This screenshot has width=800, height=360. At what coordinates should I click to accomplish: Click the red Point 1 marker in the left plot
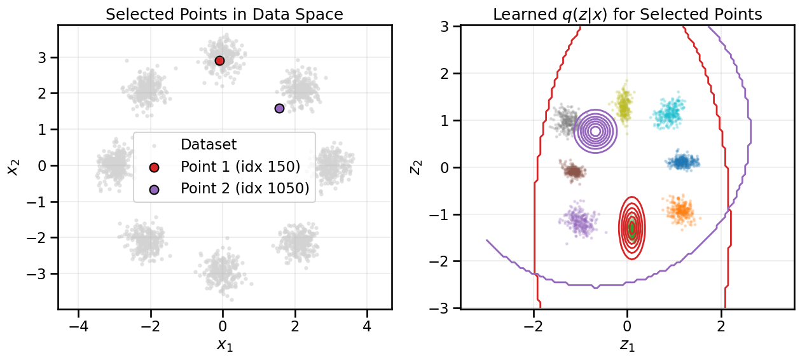point(219,60)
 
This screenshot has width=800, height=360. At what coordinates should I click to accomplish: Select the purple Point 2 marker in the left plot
point(279,108)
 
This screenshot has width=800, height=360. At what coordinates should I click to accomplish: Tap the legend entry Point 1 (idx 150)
point(240,167)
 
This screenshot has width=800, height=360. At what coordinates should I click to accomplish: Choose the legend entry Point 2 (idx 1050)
point(245,188)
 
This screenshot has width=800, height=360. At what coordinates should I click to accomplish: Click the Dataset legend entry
point(209,144)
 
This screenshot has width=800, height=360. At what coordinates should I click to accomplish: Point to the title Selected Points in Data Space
point(224,14)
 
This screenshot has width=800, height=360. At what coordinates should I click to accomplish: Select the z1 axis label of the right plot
point(627,345)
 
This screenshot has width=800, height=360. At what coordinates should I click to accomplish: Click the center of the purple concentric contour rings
point(595,132)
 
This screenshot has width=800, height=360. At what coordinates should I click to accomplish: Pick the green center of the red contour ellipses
point(631,228)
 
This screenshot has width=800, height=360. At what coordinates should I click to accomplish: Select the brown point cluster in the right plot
point(574,170)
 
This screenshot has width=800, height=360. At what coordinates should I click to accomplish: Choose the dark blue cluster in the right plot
point(682,162)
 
